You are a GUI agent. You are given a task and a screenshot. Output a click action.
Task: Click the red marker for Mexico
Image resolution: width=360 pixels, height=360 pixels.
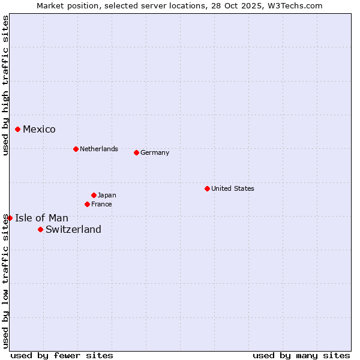tap(18, 129)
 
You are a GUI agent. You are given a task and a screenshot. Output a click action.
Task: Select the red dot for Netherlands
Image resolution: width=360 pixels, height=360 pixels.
tap(76, 149)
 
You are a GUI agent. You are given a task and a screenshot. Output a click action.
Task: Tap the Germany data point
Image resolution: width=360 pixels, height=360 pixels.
tap(136, 152)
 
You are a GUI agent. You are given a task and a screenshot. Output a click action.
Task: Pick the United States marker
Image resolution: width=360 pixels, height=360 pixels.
tap(207, 188)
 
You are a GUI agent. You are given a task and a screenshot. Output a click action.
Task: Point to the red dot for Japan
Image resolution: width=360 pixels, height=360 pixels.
tap(94, 195)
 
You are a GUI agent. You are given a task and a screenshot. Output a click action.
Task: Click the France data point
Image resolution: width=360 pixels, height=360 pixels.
tap(88, 204)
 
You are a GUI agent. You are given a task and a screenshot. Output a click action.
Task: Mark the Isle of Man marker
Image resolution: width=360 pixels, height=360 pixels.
tap(10, 218)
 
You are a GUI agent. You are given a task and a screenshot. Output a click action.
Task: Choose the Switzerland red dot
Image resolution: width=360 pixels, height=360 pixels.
tap(40, 229)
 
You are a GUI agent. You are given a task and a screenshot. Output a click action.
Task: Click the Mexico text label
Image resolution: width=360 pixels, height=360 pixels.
tap(39, 130)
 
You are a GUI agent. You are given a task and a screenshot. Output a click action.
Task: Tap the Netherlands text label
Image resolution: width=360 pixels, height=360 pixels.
tap(99, 149)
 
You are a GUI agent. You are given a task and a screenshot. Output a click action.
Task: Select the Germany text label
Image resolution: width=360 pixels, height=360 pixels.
tap(155, 152)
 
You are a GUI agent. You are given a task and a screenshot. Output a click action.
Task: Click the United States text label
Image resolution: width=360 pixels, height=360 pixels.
tap(233, 188)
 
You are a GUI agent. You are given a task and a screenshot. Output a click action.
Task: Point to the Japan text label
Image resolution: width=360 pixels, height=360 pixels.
tap(107, 195)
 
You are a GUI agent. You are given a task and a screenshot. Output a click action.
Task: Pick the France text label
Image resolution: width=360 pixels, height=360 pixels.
tap(101, 204)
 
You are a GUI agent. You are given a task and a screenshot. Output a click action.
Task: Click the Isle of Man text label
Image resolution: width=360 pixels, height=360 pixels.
tap(41, 218)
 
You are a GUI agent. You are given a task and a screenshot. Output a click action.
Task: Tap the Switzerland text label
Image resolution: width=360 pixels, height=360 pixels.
tap(73, 229)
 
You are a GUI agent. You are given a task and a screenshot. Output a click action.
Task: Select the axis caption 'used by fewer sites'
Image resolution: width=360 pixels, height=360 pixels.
tap(62, 355)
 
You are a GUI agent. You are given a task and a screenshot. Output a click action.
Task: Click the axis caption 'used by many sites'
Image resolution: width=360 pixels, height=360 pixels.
tap(301, 355)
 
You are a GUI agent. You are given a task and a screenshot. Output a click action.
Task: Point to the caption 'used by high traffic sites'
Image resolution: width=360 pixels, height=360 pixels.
tap(5, 85)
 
